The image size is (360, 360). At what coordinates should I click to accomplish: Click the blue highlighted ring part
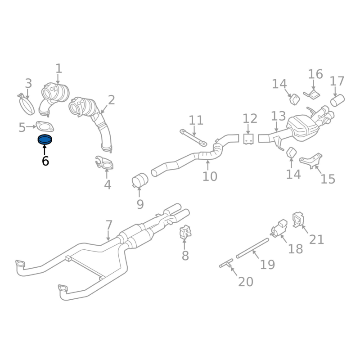[x=45, y=139]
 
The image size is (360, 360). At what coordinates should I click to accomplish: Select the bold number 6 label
[x=45, y=161]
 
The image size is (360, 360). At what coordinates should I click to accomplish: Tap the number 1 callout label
[x=58, y=68]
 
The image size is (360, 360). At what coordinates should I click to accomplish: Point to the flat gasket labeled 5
[x=44, y=127]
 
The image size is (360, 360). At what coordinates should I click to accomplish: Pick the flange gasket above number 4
[x=105, y=163]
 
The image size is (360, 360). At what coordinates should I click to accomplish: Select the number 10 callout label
[x=210, y=176]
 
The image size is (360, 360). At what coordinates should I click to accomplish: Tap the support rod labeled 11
[x=193, y=138]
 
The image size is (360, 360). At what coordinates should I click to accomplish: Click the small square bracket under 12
[x=248, y=139]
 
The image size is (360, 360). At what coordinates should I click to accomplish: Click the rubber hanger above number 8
[x=185, y=233]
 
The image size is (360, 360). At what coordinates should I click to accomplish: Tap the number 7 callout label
[x=108, y=225]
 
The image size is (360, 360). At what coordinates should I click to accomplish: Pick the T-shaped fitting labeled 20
[x=226, y=264]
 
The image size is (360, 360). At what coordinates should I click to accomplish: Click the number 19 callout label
[x=267, y=264]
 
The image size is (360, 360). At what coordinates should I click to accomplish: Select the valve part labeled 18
[x=279, y=227]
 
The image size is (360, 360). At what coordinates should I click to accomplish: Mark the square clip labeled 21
[x=298, y=219]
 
